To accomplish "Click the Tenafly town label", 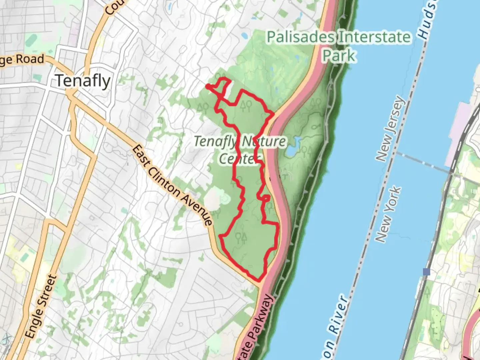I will point(83,81).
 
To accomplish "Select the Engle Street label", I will point(41,307).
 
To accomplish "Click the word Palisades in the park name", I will point(300,37).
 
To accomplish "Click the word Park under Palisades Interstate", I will point(339,55).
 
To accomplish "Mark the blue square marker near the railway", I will point(426,272).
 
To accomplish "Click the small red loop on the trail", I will point(266,198).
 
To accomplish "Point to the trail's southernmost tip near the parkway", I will point(260,280).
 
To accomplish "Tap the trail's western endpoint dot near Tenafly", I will point(208,87).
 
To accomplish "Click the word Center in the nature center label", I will point(239,159).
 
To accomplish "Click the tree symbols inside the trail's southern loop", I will point(241,237).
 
